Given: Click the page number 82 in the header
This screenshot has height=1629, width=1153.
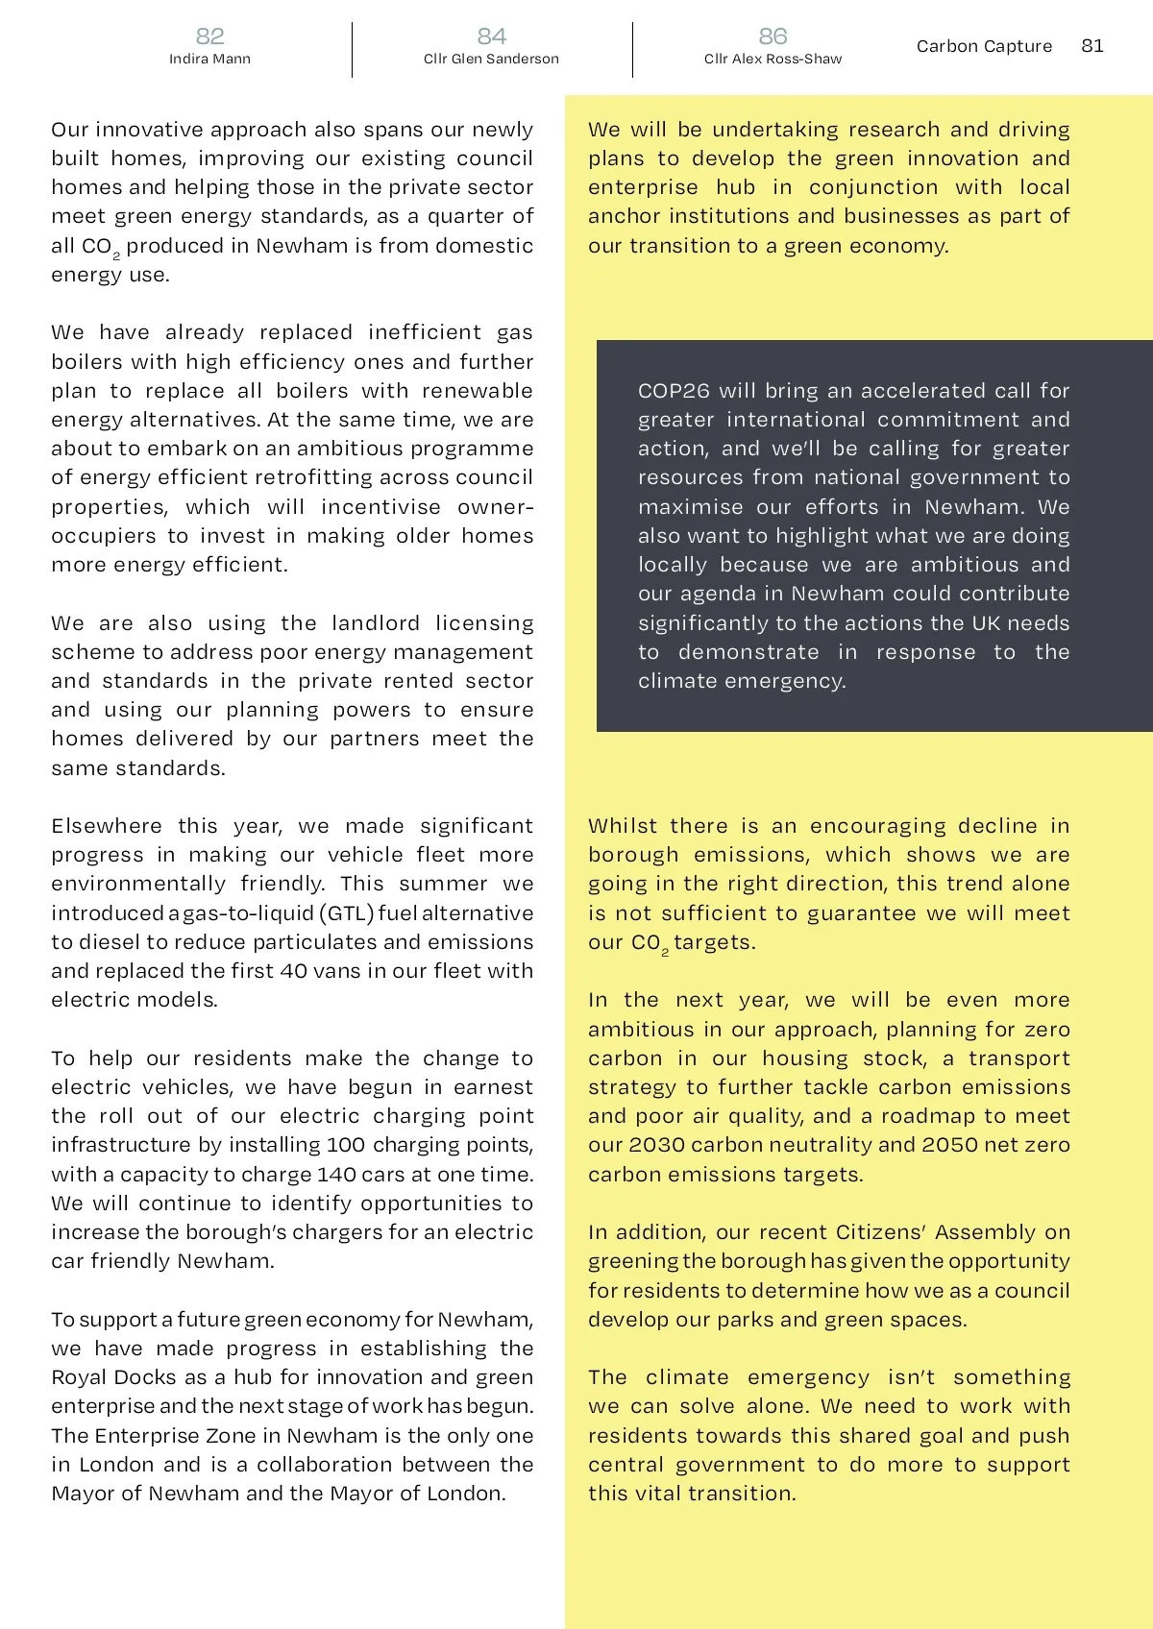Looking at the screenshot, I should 209,36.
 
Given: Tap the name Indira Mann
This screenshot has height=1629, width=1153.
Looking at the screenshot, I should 209,60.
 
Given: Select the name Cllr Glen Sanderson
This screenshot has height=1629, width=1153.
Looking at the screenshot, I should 491,60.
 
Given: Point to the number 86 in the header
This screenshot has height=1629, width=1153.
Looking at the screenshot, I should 773,36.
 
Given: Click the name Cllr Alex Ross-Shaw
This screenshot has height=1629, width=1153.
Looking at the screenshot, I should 773,60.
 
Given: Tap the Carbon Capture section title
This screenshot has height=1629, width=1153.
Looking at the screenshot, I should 984,46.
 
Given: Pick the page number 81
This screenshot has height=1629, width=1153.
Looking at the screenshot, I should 1092,46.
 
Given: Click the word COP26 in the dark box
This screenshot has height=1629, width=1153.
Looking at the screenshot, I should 674,391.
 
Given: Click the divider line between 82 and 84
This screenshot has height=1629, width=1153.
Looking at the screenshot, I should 352,50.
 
